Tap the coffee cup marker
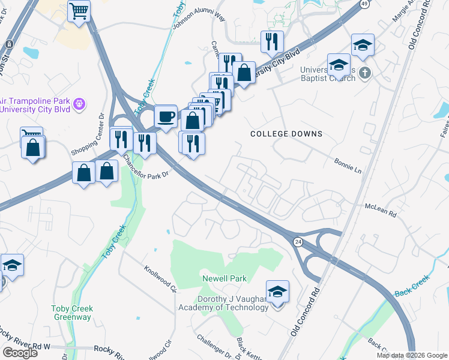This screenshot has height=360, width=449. point(166,115)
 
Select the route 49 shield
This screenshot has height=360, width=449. point(364,4)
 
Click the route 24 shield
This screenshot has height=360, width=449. point(297,241)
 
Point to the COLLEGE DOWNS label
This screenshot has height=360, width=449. point(286,134)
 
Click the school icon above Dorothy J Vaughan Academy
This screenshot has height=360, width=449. point(277,292)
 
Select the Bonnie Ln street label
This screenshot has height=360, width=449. point(348,166)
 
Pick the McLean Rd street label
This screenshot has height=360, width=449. point(381,209)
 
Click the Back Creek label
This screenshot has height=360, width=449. point(412,286)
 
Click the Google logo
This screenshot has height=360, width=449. point(20,353)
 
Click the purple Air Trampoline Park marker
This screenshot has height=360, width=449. point(79,106)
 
